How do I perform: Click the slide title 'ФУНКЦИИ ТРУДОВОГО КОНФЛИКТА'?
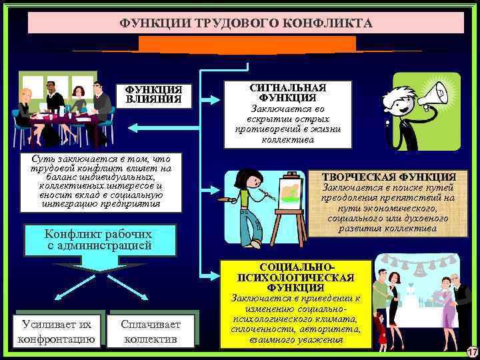coord(246,23)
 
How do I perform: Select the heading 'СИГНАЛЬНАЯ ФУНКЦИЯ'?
coord(288,93)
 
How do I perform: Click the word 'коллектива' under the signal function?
coord(288,139)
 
